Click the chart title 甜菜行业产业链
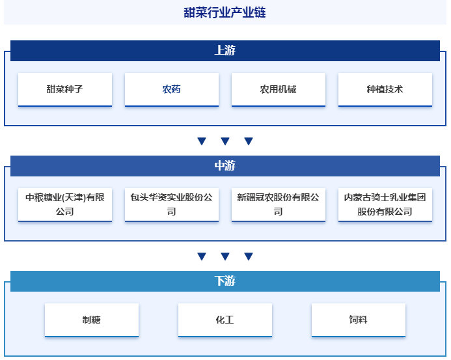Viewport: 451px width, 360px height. coord(225,12)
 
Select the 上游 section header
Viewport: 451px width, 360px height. coord(225,51)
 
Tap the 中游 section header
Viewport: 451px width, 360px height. coord(225,166)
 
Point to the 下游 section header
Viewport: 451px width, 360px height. coord(225,281)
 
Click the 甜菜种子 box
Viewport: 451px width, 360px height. coord(64,89)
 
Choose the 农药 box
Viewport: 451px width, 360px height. coord(171,89)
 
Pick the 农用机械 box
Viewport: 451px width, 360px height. coord(278,89)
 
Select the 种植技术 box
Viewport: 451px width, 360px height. coord(385,89)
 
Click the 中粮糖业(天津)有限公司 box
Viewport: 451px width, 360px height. coord(64,204)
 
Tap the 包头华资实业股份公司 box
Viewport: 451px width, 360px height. coord(171,204)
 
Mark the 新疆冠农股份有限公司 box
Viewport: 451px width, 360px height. coord(278,204)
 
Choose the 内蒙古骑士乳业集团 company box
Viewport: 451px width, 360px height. coord(385,204)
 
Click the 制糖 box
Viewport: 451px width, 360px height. coord(92,320)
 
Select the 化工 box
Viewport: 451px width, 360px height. coord(225,320)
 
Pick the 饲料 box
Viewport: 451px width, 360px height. coord(358,320)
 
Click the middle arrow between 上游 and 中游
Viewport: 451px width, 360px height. coord(225,141)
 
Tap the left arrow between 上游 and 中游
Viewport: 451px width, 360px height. coord(202,141)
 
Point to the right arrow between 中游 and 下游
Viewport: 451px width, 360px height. coord(249,256)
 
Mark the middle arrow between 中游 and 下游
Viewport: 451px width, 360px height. coord(225,256)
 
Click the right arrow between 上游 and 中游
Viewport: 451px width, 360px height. coord(249,141)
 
